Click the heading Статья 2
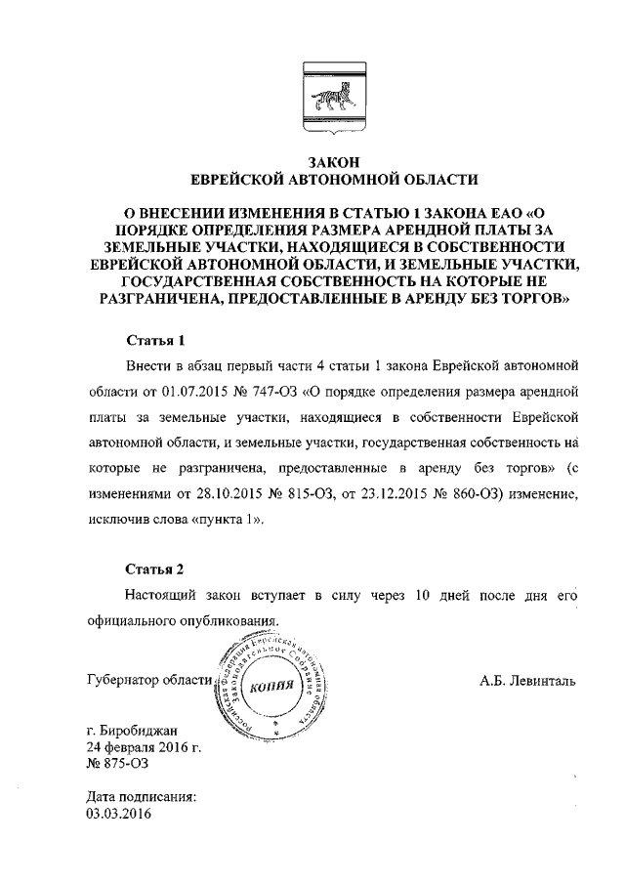(156, 568)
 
